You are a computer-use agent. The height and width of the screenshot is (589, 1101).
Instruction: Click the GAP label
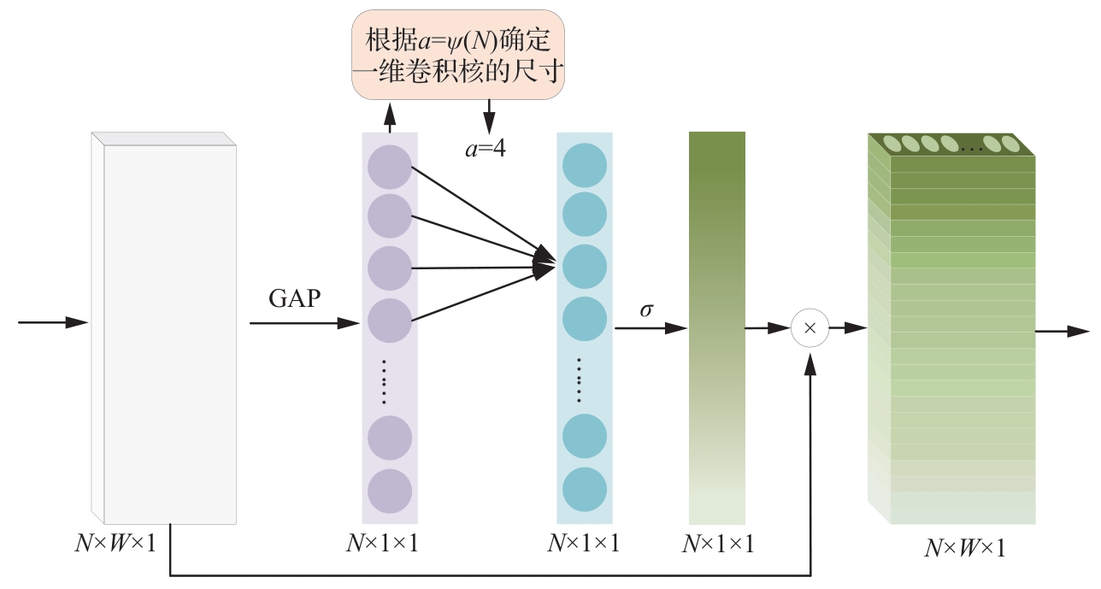click(x=296, y=299)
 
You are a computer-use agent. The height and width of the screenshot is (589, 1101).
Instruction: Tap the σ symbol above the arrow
click(x=646, y=309)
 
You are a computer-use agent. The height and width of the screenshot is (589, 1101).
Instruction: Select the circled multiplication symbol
click(x=810, y=328)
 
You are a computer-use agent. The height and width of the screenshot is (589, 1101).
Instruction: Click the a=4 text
click(x=486, y=149)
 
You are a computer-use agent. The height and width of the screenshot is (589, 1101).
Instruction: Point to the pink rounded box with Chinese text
click(x=459, y=53)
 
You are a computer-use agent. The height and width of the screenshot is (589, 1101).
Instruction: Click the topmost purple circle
click(x=390, y=165)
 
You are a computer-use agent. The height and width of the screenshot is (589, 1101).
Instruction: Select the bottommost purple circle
click(x=390, y=492)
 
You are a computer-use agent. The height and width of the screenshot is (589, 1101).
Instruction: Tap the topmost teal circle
click(x=585, y=165)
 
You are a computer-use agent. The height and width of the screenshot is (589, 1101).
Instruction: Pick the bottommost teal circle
click(x=585, y=490)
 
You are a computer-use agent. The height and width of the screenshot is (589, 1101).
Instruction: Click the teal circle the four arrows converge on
click(x=585, y=267)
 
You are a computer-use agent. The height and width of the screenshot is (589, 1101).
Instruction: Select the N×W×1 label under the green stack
click(x=964, y=548)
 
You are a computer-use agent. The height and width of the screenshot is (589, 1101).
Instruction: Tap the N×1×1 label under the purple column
click(x=382, y=544)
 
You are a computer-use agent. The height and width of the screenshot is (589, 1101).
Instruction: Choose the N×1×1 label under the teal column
click(x=583, y=544)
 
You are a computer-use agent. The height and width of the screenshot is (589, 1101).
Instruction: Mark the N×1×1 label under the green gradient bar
click(x=718, y=544)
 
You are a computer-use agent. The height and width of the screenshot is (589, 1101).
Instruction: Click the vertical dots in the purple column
click(x=384, y=380)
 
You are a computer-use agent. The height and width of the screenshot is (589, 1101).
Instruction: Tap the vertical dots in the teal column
click(x=579, y=380)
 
